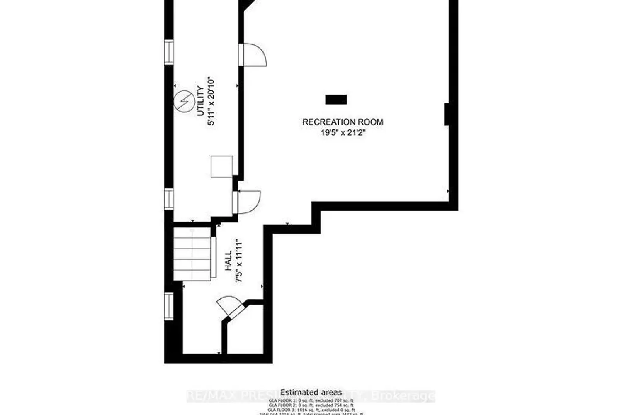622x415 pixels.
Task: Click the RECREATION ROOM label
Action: point(343,122)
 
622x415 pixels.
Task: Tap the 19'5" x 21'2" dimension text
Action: point(343,133)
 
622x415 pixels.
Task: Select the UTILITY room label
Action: point(200,101)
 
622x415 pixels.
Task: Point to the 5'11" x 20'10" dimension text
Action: point(211,101)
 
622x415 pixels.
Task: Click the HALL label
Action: point(228,261)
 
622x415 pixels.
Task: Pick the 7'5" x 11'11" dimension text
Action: point(238,261)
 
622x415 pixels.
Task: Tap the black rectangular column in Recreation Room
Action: point(336,100)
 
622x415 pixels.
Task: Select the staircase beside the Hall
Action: point(192,254)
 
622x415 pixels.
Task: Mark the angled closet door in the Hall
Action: point(231,308)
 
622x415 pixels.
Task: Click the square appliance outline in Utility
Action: point(221,167)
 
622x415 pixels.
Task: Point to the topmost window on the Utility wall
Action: point(168,52)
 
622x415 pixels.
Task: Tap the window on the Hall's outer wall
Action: point(168,306)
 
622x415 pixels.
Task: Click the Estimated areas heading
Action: point(311,392)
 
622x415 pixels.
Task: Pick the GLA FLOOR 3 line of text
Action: point(311,410)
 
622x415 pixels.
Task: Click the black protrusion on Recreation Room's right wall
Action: point(447,114)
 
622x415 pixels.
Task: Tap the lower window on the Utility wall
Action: point(168,198)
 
